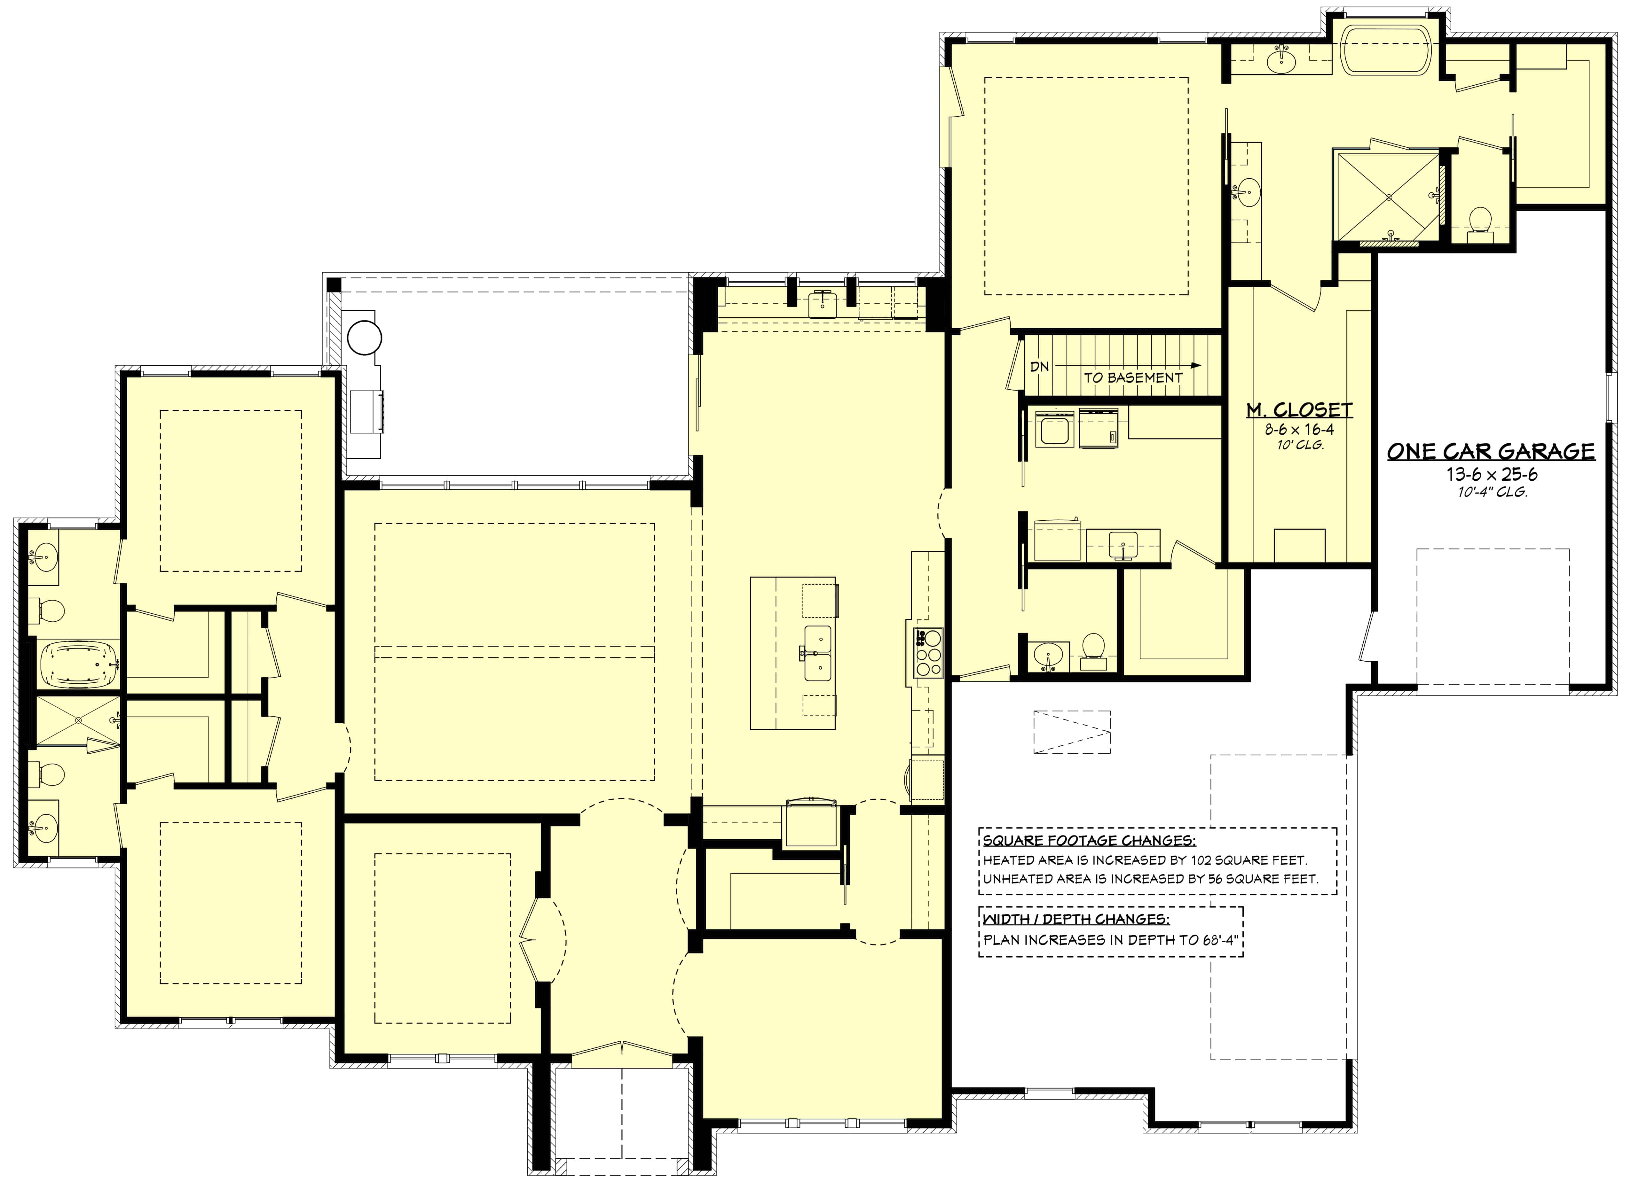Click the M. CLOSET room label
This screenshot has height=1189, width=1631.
[1299, 410]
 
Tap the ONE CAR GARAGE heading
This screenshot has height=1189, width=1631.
[1491, 451]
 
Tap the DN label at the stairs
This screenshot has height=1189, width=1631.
[1039, 367]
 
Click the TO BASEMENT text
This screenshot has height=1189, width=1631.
[1133, 377]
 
